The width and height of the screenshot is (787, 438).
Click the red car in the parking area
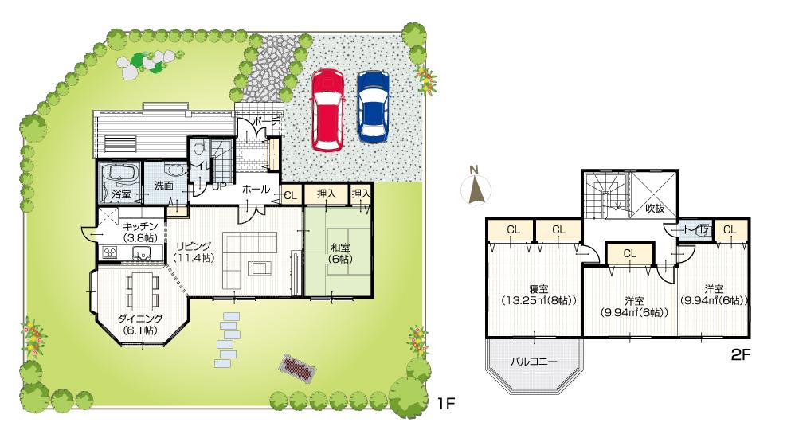tap(327, 109)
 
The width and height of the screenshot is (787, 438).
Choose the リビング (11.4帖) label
tap(192, 251)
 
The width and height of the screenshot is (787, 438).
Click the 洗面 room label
tap(163, 185)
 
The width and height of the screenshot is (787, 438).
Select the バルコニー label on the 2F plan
tap(533, 361)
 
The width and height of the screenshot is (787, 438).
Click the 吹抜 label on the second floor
tap(654, 208)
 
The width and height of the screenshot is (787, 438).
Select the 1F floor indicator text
tap(444, 404)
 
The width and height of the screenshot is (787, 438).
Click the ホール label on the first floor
tap(255, 190)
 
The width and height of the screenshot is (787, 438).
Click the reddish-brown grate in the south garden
tap(297, 368)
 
